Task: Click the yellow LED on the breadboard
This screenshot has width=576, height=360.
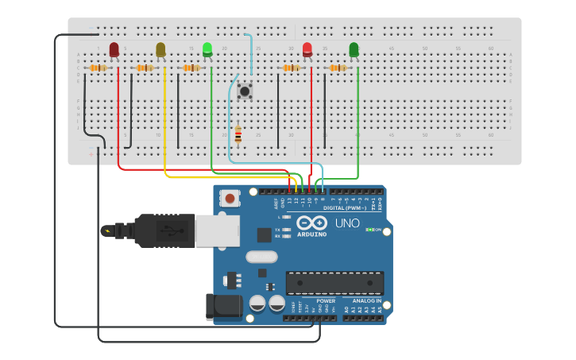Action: pos(160,50)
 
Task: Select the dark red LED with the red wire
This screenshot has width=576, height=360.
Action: pos(114,50)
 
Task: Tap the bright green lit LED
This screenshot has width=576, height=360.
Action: pos(207,50)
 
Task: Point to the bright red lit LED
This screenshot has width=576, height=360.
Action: pos(307,50)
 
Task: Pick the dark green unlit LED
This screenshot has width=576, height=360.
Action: pos(354,50)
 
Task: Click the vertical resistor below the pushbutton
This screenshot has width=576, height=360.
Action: pos(238,134)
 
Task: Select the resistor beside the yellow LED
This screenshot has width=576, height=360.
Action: pos(144,68)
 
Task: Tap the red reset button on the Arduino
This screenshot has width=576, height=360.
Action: pos(230,198)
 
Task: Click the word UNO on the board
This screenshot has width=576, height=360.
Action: pos(347,223)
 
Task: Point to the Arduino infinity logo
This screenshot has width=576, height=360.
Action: pos(312,223)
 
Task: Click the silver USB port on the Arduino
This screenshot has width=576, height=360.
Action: pos(217,230)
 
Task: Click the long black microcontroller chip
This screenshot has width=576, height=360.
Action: pos(334,283)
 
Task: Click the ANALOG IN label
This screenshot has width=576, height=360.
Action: pos(366,301)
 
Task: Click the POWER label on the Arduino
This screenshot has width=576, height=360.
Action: pos(326,301)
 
